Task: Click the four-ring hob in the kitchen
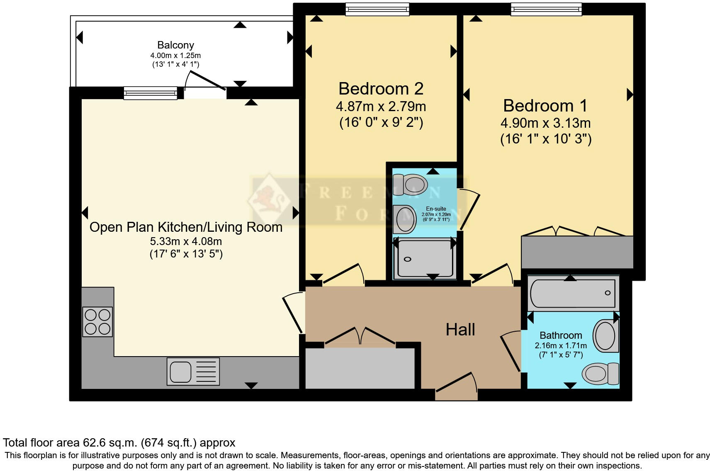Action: (x=97, y=321)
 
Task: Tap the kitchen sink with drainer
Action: (x=193, y=371)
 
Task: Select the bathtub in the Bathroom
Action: (x=572, y=293)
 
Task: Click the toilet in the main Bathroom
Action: (x=600, y=373)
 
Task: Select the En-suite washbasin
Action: (x=404, y=219)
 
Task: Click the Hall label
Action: (x=460, y=330)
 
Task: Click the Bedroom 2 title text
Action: (x=381, y=89)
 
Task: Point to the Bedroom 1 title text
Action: (x=545, y=106)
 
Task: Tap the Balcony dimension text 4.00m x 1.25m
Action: (x=175, y=55)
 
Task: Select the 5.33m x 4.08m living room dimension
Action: (x=186, y=241)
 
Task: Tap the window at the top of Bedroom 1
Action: (x=546, y=9)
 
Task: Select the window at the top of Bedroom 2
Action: (x=377, y=9)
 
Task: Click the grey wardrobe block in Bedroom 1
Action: (x=577, y=252)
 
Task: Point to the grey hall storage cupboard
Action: (x=360, y=368)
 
